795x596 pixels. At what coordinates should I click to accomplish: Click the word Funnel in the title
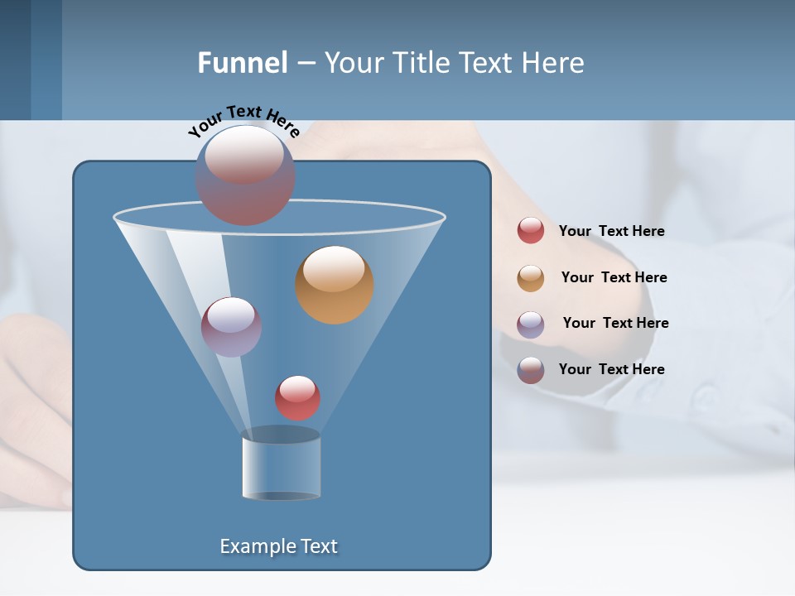click(x=242, y=63)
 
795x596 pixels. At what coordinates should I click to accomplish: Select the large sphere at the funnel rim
click(x=245, y=175)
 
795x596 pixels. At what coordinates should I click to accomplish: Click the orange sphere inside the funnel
click(x=335, y=285)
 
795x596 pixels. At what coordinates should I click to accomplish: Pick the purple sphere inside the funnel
click(x=231, y=327)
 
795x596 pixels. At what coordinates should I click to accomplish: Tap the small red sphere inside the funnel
click(x=297, y=397)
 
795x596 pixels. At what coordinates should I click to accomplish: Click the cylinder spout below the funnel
click(x=282, y=468)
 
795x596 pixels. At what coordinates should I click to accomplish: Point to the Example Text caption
click(x=279, y=546)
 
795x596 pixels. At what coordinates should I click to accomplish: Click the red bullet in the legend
click(x=531, y=231)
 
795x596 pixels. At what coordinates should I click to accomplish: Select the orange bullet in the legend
click(x=531, y=278)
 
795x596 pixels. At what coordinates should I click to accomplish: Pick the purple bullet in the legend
click(x=531, y=324)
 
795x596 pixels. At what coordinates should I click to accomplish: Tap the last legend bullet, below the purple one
click(x=531, y=370)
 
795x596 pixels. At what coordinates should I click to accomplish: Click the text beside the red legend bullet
click(x=611, y=231)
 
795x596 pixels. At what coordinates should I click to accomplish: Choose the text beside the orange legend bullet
click(x=614, y=277)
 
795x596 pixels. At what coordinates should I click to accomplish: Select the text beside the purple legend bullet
click(x=615, y=323)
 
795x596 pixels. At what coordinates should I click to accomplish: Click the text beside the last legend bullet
click(x=611, y=369)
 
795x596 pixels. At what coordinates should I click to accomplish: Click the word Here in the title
click(x=556, y=63)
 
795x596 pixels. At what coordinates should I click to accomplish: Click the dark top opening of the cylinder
click(x=282, y=434)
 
